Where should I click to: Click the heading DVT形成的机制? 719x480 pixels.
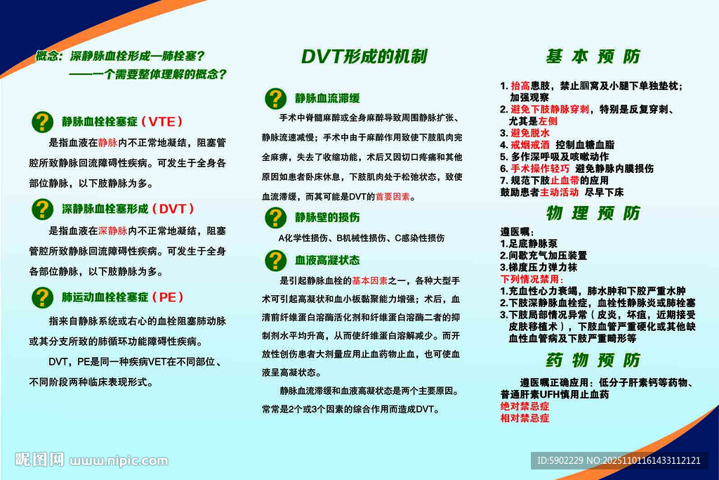[x=364, y=57]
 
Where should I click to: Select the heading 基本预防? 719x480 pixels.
[x=593, y=57]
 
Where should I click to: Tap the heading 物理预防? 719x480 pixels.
[x=593, y=213]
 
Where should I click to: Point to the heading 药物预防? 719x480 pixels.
[x=593, y=361]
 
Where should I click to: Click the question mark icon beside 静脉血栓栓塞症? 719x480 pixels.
[x=43, y=122]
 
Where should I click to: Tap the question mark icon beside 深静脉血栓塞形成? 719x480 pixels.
[x=43, y=209]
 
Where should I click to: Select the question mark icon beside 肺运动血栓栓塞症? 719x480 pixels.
[x=43, y=297]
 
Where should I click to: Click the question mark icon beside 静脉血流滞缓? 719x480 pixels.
[x=275, y=98]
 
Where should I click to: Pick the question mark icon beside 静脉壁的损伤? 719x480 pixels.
[x=275, y=217]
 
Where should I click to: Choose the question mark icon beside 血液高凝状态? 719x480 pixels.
[x=275, y=260]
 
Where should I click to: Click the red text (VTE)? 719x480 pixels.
[x=164, y=122]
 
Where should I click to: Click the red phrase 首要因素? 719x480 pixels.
[x=394, y=197]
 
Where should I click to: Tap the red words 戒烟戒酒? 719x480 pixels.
[x=529, y=144]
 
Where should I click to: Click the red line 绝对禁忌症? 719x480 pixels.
[x=525, y=406]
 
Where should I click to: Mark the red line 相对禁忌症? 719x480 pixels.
[x=525, y=418]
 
